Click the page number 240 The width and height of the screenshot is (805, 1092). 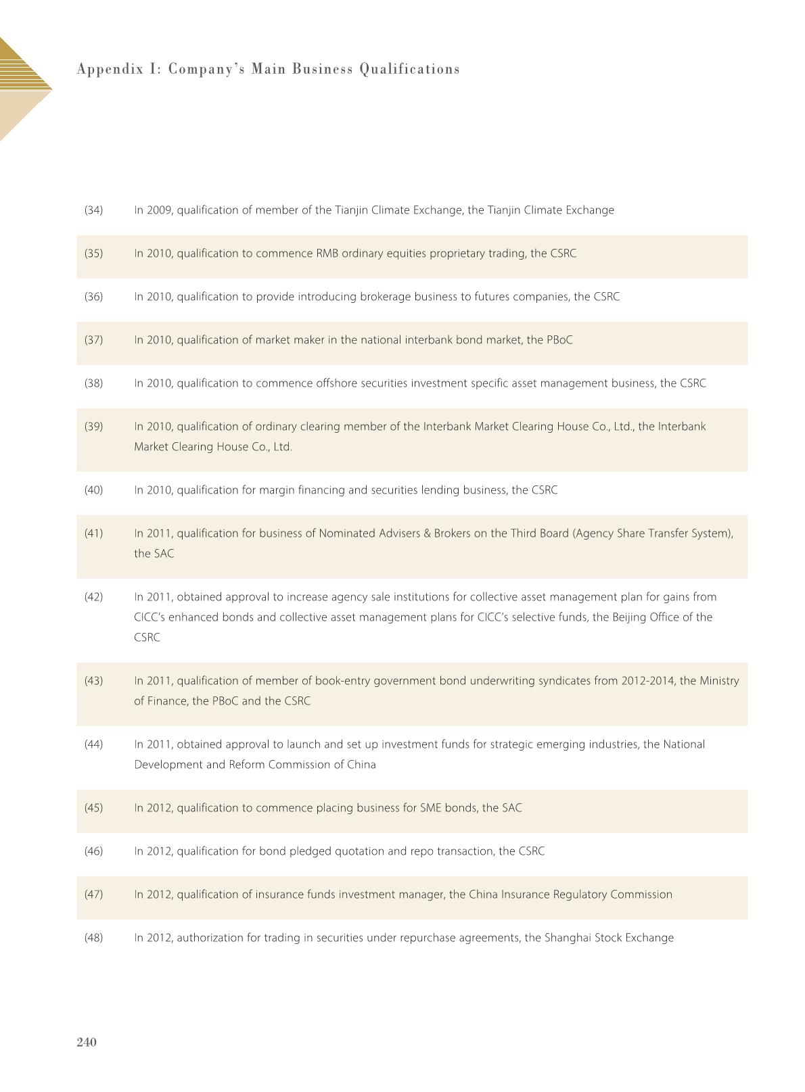(x=87, y=1042)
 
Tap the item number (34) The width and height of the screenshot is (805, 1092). (x=93, y=210)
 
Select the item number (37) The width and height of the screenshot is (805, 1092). (x=93, y=340)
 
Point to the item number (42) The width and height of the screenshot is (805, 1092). (x=93, y=597)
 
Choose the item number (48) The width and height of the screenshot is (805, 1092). (x=93, y=938)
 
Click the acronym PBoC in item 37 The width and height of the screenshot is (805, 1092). (x=559, y=340)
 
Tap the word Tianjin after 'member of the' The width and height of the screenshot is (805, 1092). (x=352, y=210)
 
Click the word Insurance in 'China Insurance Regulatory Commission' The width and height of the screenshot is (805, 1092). (x=526, y=895)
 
